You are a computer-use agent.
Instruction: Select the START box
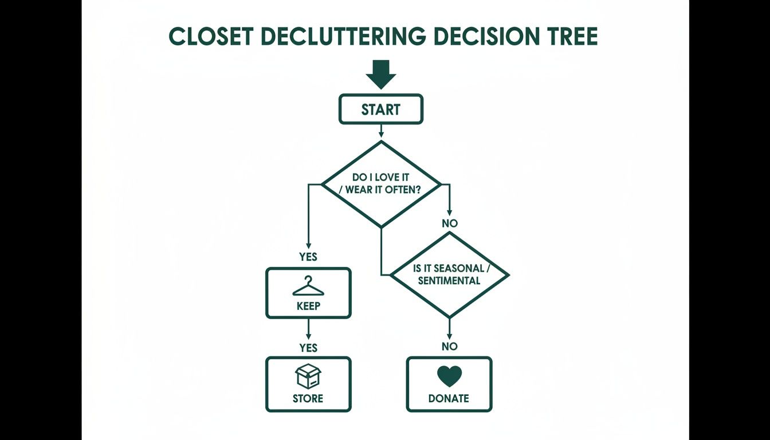tap(381, 109)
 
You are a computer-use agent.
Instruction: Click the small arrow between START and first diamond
tap(381, 132)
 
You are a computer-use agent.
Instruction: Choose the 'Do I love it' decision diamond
tap(382, 184)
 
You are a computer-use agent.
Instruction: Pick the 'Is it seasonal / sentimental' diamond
tap(449, 274)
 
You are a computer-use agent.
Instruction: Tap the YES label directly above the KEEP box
tap(308, 257)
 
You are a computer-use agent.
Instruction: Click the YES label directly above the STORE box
tap(308, 348)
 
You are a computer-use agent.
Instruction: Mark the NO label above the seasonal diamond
tap(450, 223)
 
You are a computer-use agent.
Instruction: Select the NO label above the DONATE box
tap(450, 346)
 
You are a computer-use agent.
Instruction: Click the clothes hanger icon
tap(308, 286)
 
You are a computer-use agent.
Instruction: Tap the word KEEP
tap(308, 306)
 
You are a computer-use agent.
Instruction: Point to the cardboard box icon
tap(308, 376)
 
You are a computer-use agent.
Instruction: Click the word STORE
tap(308, 398)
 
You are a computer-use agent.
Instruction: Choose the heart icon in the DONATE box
tap(449, 376)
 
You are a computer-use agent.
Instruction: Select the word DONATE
tap(449, 398)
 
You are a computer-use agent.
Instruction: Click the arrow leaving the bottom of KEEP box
tap(308, 329)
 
